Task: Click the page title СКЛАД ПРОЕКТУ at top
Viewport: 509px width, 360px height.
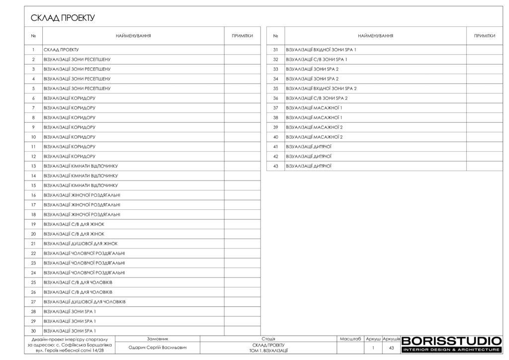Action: click(x=63, y=18)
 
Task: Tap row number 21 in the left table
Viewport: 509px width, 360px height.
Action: click(x=33, y=244)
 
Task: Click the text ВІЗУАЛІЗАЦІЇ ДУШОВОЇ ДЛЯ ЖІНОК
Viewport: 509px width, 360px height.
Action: click(x=81, y=244)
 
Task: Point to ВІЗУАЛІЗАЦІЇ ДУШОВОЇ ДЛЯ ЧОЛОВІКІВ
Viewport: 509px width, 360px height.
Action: click(x=85, y=302)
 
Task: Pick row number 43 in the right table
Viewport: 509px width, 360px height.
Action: click(x=275, y=166)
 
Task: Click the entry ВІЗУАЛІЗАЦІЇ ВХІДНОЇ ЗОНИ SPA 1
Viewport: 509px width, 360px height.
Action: click(x=321, y=50)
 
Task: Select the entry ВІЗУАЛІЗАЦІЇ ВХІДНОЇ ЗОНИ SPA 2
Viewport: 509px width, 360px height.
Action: click(x=321, y=89)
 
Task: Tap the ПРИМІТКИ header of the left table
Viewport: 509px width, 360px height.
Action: click(x=242, y=36)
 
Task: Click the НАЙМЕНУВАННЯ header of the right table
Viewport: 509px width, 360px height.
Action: click(x=375, y=36)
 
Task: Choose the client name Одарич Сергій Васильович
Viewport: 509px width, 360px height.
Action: click(x=158, y=348)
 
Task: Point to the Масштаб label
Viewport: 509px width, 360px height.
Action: click(x=350, y=339)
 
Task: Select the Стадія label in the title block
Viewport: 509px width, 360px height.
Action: click(x=268, y=339)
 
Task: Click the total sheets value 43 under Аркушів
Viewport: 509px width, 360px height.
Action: click(x=391, y=348)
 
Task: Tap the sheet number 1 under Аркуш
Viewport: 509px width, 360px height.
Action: click(x=373, y=348)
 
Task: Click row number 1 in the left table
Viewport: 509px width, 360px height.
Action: click(x=33, y=50)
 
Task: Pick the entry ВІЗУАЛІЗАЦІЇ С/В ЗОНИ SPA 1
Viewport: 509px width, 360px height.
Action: click(x=317, y=60)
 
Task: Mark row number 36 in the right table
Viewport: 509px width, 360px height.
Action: click(x=275, y=98)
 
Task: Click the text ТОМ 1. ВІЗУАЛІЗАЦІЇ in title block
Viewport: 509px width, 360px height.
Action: click(x=268, y=351)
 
